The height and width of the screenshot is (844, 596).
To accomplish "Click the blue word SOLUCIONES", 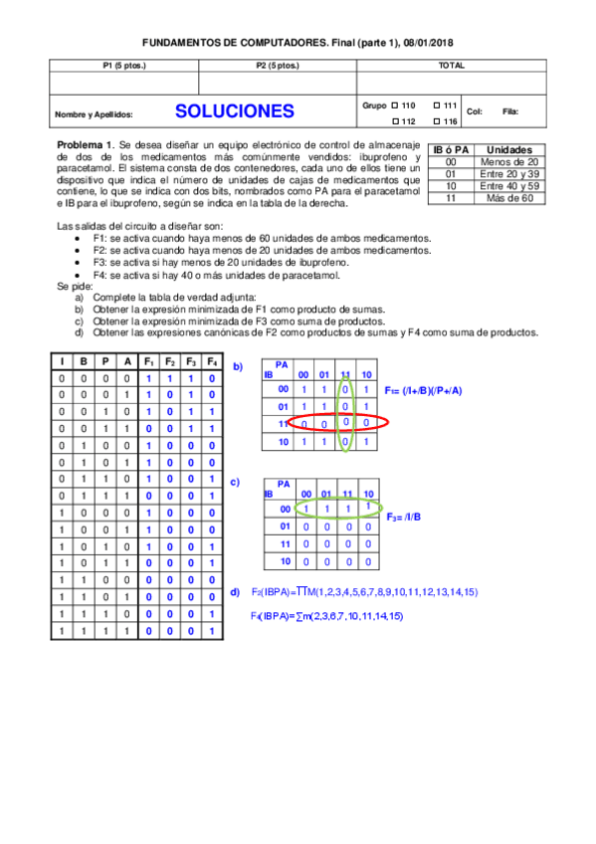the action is pyautogui.click(x=234, y=111).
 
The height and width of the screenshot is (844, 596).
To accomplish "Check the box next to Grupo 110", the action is pyautogui.click(x=395, y=105).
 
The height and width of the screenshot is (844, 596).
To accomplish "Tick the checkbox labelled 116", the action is pyautogui.click(x=437, y=121).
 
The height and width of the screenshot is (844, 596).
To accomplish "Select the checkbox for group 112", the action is pyautogui.click(x=395, y=121).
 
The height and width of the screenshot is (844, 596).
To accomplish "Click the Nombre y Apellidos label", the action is pyautogui.click(x=94, y=114).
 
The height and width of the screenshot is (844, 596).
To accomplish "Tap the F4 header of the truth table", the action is pyautogui.click(x=212, y=360).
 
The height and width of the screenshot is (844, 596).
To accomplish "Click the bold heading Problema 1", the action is pyautogui.click(x=87, y=143).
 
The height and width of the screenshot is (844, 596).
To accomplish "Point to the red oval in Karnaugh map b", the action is pyautogui.click(x=325, y=423).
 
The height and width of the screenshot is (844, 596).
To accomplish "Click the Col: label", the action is pyautogui.click(x=474, y=112).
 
